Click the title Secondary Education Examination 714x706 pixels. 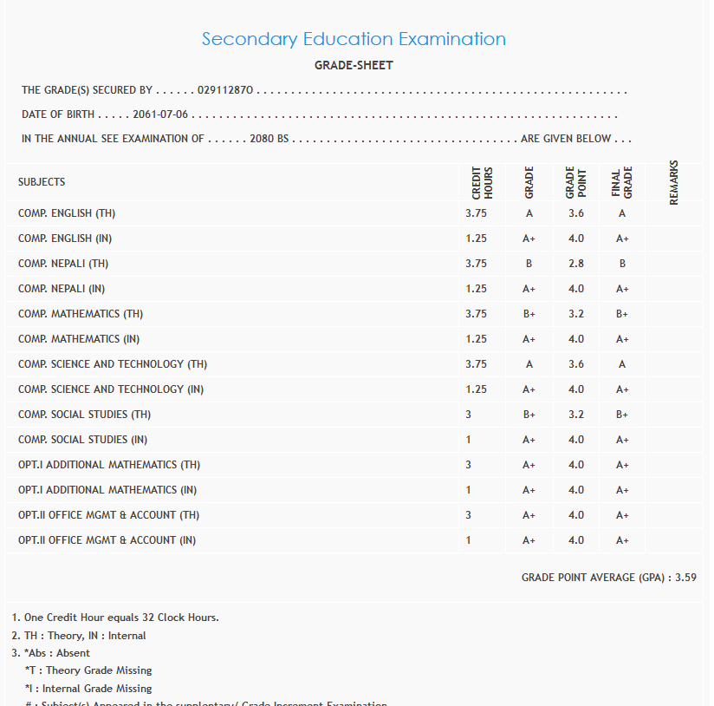coord(354,39)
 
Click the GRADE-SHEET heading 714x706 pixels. coord(354,65)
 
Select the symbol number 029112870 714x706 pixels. coord(224,90)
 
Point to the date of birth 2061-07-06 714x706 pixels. coord(160,114)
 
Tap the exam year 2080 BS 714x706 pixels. coord(269,139)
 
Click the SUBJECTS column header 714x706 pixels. coord(42,182)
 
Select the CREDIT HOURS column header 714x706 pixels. coord(483,182)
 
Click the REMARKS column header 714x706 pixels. coord(674,182)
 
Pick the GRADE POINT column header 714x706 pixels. coord(576,182)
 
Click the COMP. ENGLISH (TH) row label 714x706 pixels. coord(67,212)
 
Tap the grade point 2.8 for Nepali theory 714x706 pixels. coord(576,263)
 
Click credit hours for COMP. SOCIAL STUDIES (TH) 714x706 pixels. coord(469,415)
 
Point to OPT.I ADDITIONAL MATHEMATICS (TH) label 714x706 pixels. coord(109,465)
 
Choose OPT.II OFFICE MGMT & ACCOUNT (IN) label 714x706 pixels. coord(107,540)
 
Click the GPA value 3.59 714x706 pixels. coord(685,577)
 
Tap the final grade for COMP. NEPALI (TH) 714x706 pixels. coord(622,263)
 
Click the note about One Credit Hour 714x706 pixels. coord(120,618)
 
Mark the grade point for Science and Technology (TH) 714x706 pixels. coord(576,364)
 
